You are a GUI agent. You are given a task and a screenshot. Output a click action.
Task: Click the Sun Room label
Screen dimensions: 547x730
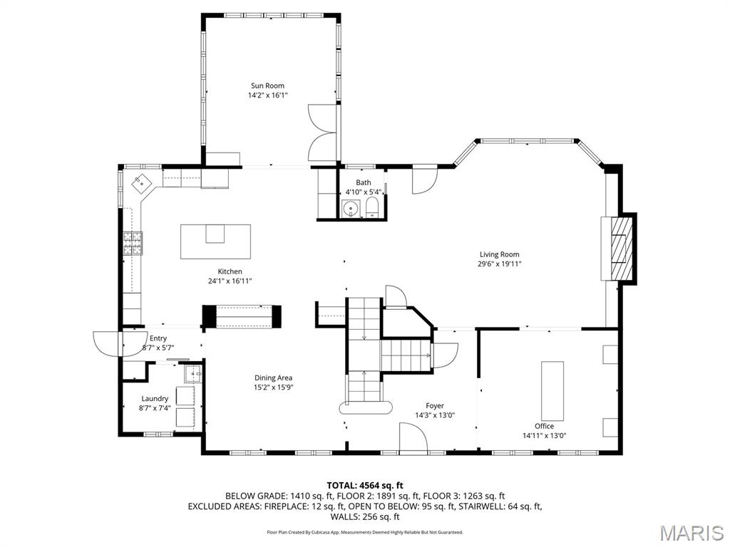[x=267, y=85]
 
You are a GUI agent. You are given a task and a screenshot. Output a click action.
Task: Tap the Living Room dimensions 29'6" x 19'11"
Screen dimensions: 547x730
[x=499, y=264]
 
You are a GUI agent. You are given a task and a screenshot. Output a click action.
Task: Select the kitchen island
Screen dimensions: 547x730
[x=216, y=241]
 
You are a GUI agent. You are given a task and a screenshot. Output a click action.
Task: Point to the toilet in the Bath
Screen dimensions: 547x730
[x=371, y=208]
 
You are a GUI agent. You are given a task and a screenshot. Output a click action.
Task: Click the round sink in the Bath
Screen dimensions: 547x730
[x=349, y=208]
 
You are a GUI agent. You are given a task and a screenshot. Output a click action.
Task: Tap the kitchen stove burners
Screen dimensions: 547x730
[x=133, y=244]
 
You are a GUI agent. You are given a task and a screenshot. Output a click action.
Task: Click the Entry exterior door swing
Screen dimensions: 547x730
[x=108, y=343]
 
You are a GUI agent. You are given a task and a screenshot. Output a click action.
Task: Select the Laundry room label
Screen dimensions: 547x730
[x=155, y=399]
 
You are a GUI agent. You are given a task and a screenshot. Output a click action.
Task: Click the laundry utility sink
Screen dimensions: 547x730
[x=190, y=373]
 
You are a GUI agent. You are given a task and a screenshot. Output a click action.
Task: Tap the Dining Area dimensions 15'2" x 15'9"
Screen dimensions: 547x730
[x=274, y=387]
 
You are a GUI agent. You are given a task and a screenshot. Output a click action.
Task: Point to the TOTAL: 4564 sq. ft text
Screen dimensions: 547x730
[x=365, y=485]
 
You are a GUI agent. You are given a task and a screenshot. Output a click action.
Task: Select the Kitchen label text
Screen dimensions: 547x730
[x=230, y=271]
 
